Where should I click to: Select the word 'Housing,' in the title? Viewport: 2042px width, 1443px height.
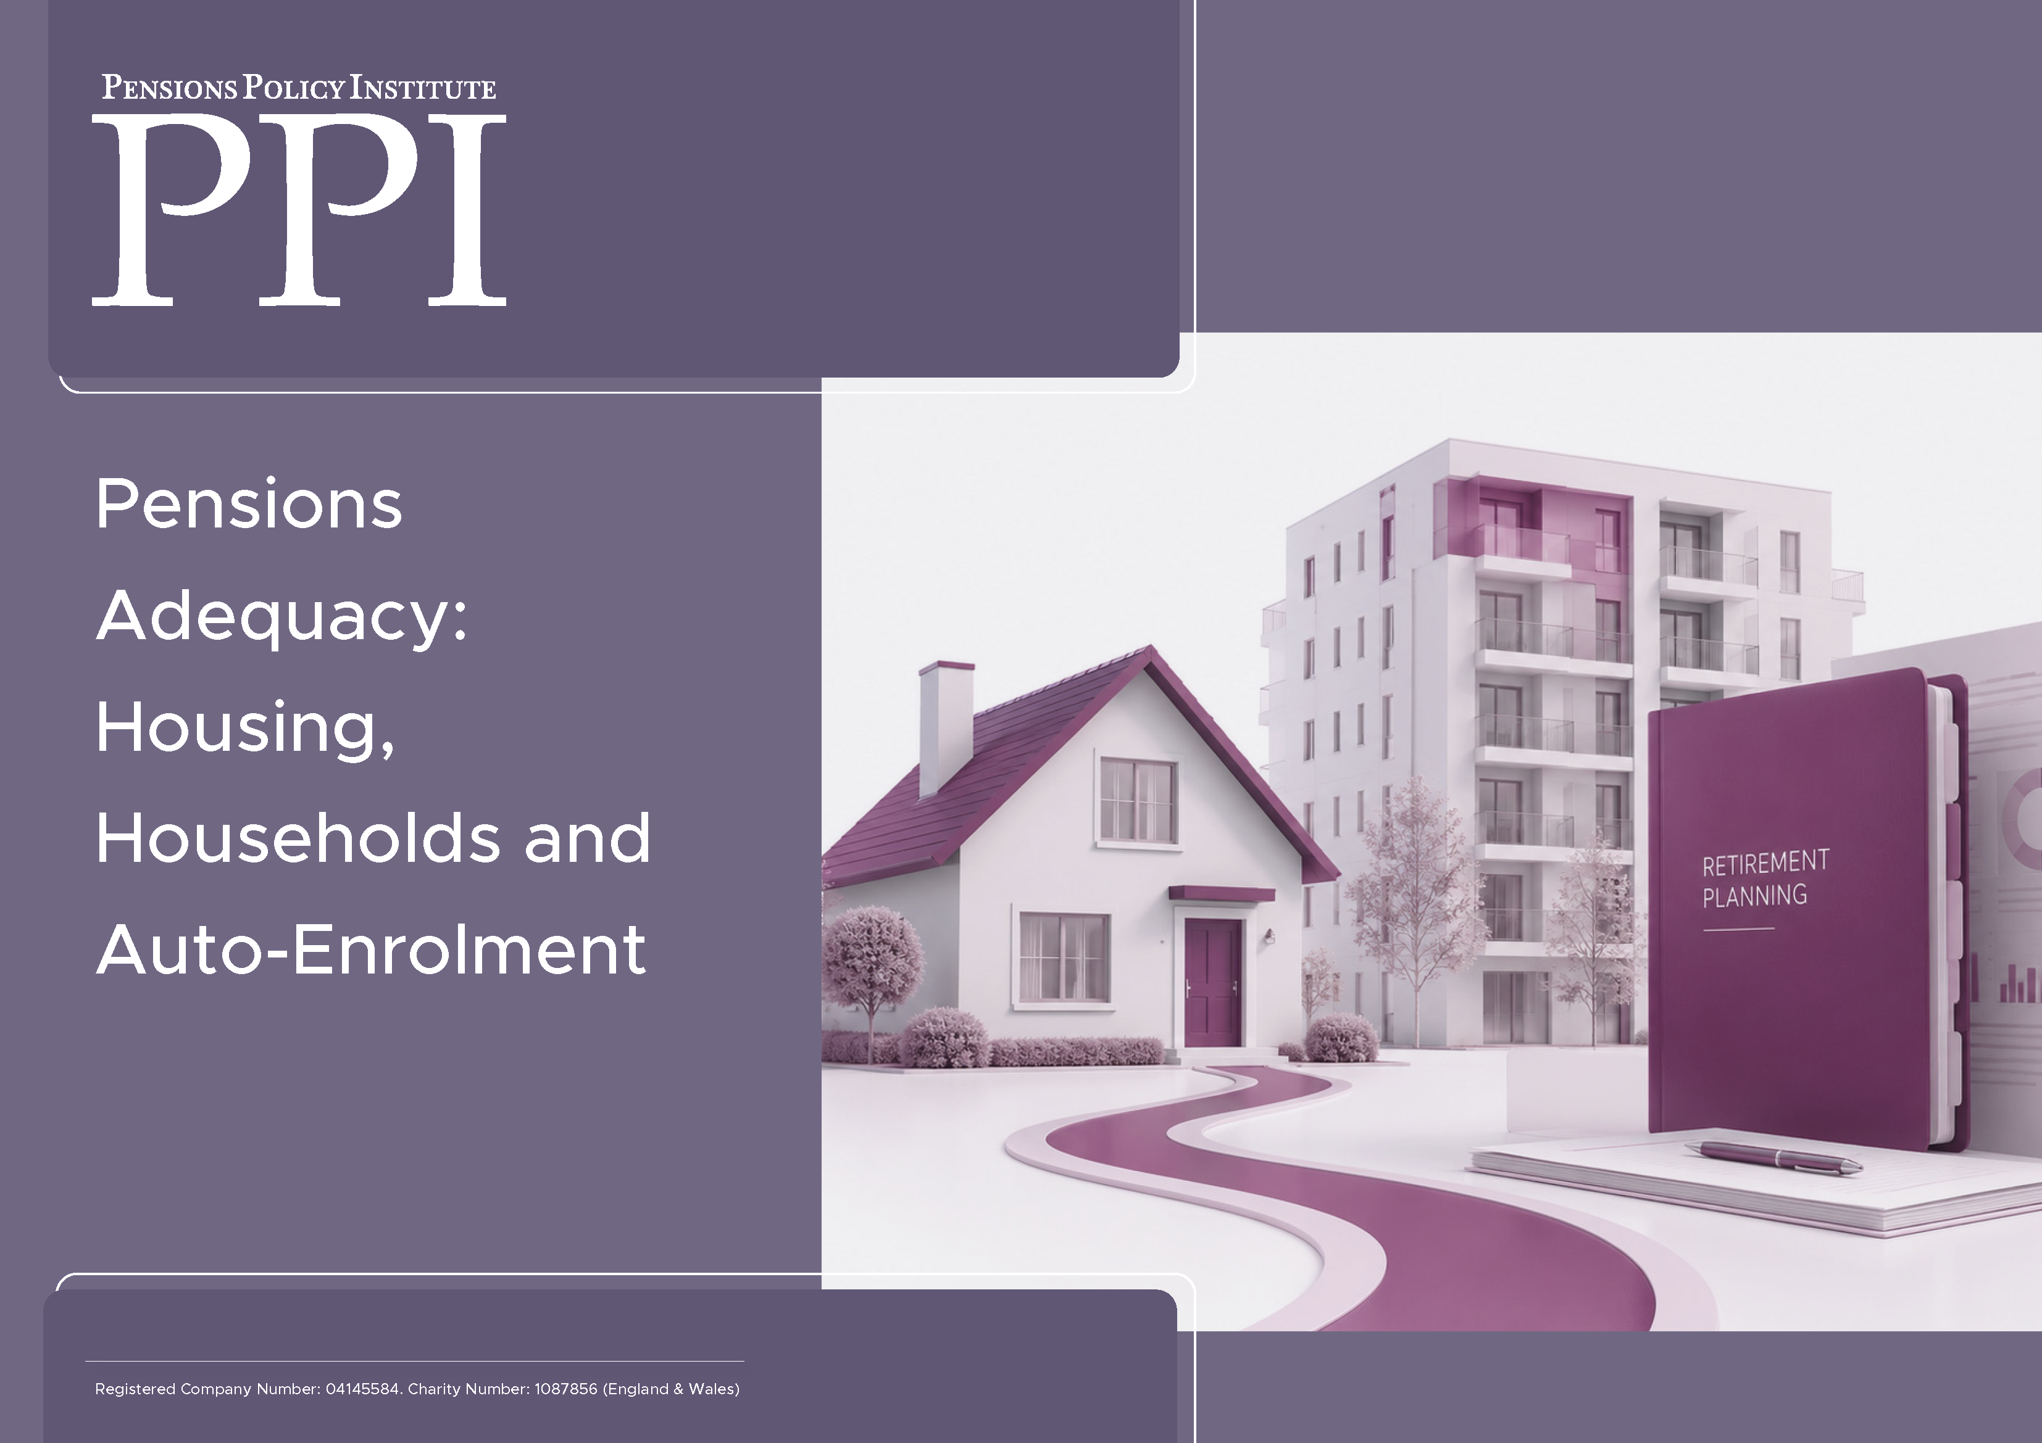[x=246, y=728]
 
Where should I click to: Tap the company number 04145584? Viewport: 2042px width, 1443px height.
[x=362, y=1389]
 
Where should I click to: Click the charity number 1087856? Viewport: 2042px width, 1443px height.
[x=565, y=1389]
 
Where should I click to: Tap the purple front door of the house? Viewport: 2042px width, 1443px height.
[x=1212, y=981]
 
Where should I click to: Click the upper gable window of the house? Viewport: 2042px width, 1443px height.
[x=1138, y=800]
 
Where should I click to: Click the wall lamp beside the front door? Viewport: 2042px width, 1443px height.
[x=1269, y=935]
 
